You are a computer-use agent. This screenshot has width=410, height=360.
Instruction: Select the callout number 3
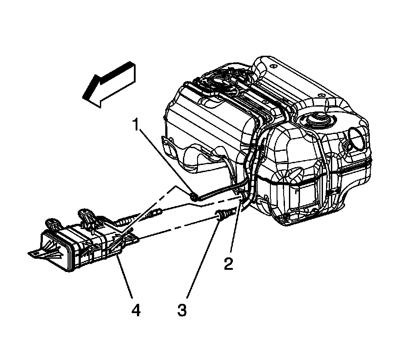coord(182,310)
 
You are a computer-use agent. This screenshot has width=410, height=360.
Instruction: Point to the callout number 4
coord(136,310)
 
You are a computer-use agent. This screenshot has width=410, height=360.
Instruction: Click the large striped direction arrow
coord(109,85)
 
